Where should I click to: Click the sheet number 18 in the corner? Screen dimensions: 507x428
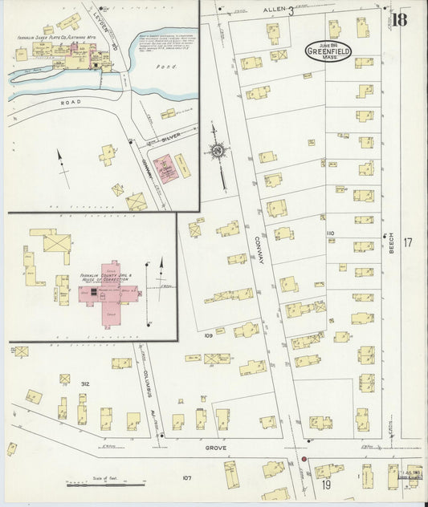pos(400,17)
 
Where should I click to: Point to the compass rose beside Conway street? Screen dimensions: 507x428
pos(216,150)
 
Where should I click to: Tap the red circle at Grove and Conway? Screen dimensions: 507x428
pos(304,460)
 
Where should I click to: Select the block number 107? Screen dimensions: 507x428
pos(186,478)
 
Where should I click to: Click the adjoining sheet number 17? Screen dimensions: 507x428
pos(408,242)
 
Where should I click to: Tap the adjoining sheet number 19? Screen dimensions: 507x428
pos(326,485)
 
